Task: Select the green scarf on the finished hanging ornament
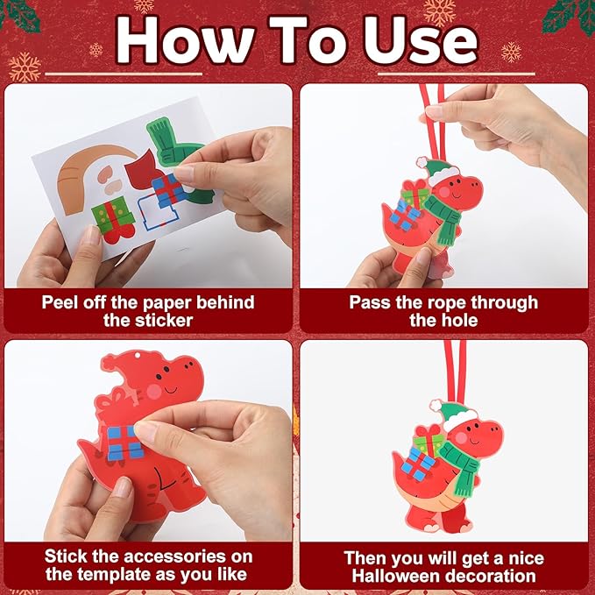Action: click(464, 463)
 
